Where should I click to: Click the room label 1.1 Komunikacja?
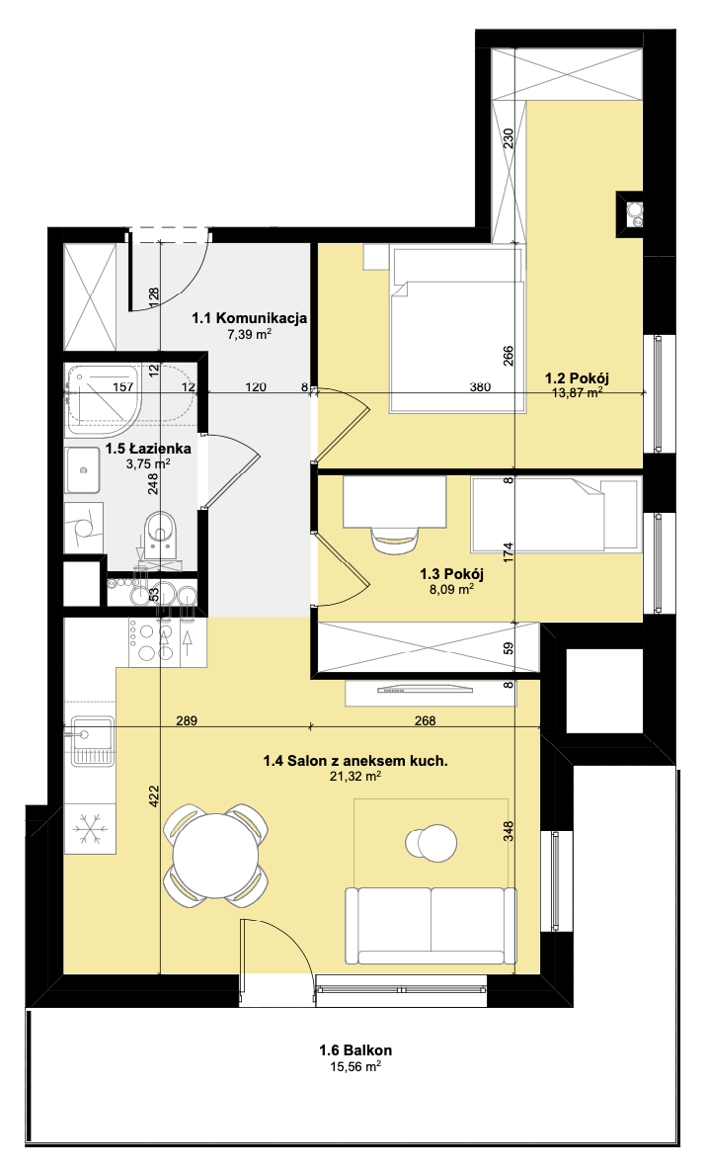250,318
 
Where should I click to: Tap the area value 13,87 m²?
577,392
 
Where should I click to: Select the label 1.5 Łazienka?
148,449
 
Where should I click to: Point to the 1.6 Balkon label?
355,1050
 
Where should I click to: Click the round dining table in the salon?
216,855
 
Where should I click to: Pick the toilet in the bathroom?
161,534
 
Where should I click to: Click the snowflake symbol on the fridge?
90,828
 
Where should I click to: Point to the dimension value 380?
480,386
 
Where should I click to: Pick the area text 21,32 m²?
355,777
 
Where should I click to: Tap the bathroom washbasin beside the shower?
83,469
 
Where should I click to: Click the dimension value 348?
509,831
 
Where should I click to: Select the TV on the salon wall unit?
426,690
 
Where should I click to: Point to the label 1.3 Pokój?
452,573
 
